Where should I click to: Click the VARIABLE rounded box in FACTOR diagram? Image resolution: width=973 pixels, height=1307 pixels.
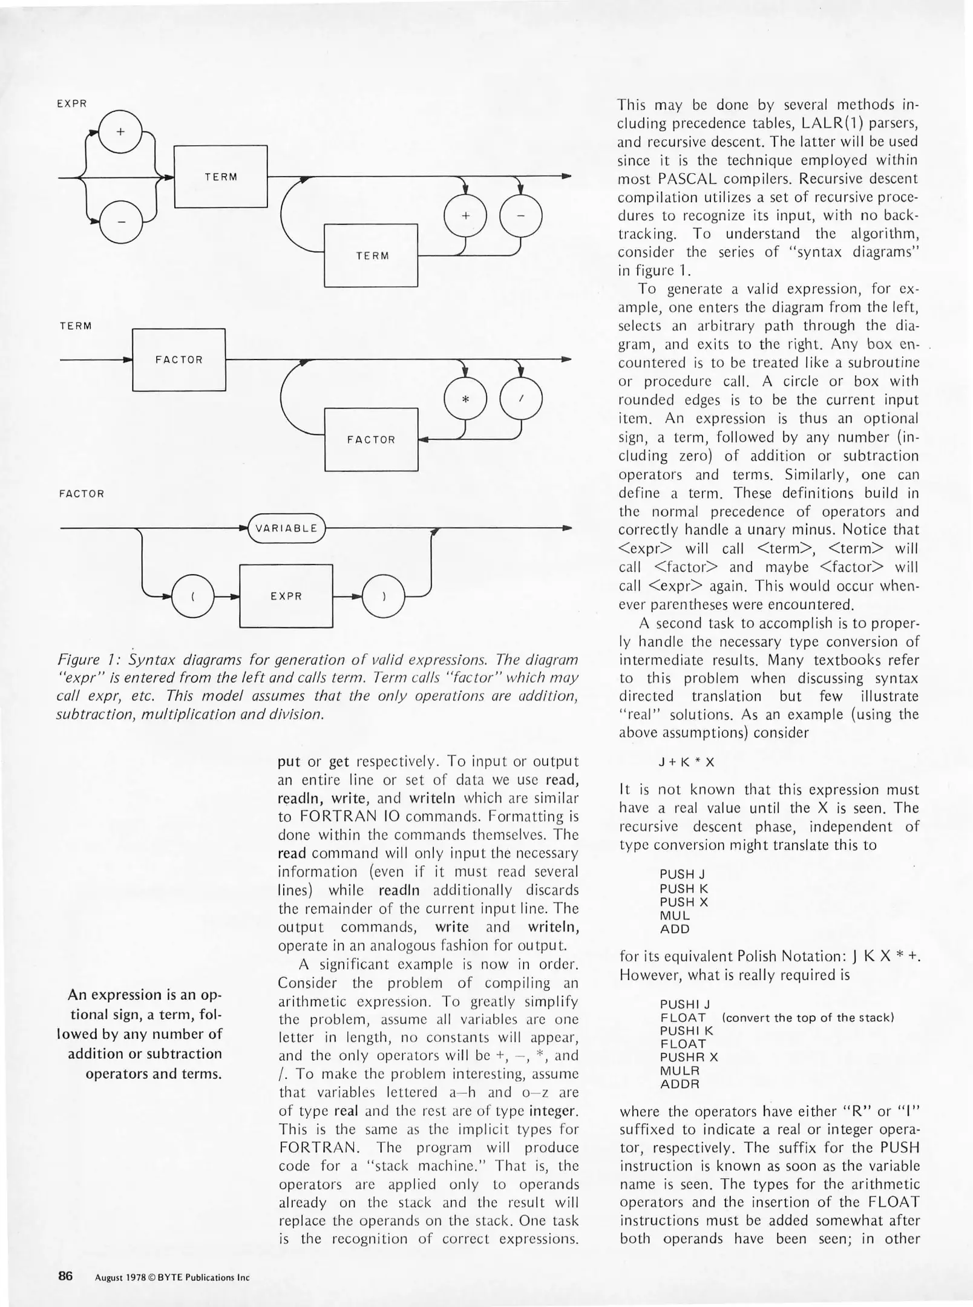pos(286,528)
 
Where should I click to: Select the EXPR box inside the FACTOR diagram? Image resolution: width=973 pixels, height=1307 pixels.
pos(286,596)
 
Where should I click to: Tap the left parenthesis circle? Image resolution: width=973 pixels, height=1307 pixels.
pos(193,597)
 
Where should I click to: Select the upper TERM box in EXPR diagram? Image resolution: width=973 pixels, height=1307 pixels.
pos(221,177)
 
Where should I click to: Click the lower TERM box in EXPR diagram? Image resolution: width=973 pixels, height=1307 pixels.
pos(372,255)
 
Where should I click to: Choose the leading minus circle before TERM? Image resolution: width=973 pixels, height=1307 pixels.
pos(120,222)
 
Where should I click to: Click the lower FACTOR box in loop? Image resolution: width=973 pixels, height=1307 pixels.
pos(372,440)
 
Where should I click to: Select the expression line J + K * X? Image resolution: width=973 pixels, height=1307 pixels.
pos(686,762)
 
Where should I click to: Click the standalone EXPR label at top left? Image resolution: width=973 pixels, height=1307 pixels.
pos(72,103)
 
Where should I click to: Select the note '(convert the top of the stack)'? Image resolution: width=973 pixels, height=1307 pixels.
pos(808,1017)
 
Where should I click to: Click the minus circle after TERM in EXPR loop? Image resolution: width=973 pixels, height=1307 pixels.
pos(521,216)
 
